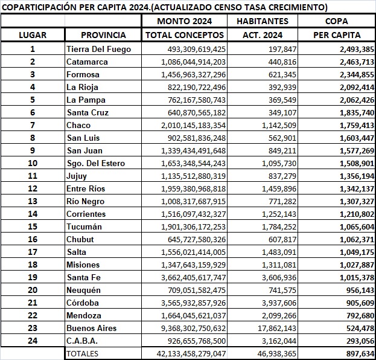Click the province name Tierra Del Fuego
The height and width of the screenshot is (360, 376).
pos(98,49)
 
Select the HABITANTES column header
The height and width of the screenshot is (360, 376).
pos(263,21)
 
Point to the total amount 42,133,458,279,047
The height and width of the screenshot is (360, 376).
pos(185,353)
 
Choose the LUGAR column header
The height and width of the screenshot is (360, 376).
pos(33,35)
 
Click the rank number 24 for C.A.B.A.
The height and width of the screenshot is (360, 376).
pos(33,341)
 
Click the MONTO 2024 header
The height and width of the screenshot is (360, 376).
pos(185,21)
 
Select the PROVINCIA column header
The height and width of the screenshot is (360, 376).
pos(103,35)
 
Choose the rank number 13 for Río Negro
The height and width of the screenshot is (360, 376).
pos(33,201)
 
